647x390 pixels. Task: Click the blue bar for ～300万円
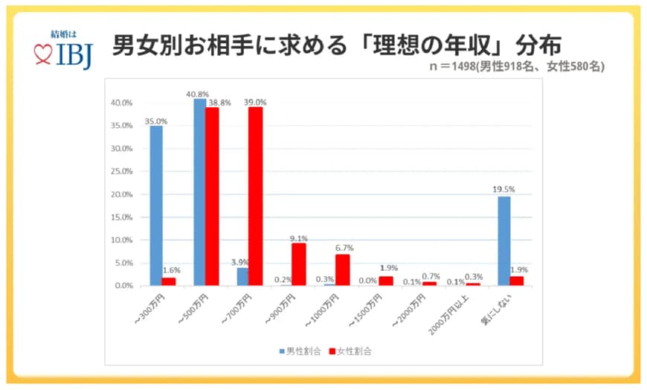(x=156, y=205)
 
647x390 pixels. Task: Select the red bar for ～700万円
(x=256, y=196)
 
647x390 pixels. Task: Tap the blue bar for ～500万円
(x=199, y=192)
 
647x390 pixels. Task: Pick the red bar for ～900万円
(x=299, y=264)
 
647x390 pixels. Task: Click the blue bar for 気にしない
(x=503, y=240)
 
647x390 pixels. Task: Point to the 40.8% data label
(x=197, y=93)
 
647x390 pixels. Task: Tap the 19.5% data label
(x=503, y=190)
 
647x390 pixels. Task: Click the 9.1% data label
(x=299, y=238)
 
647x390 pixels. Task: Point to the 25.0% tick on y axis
(x=121, y=171)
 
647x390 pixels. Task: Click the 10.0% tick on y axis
(x=121, y=240)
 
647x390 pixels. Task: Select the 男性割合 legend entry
(x=300, y=351)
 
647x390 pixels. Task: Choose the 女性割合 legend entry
(x=349, y=351)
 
